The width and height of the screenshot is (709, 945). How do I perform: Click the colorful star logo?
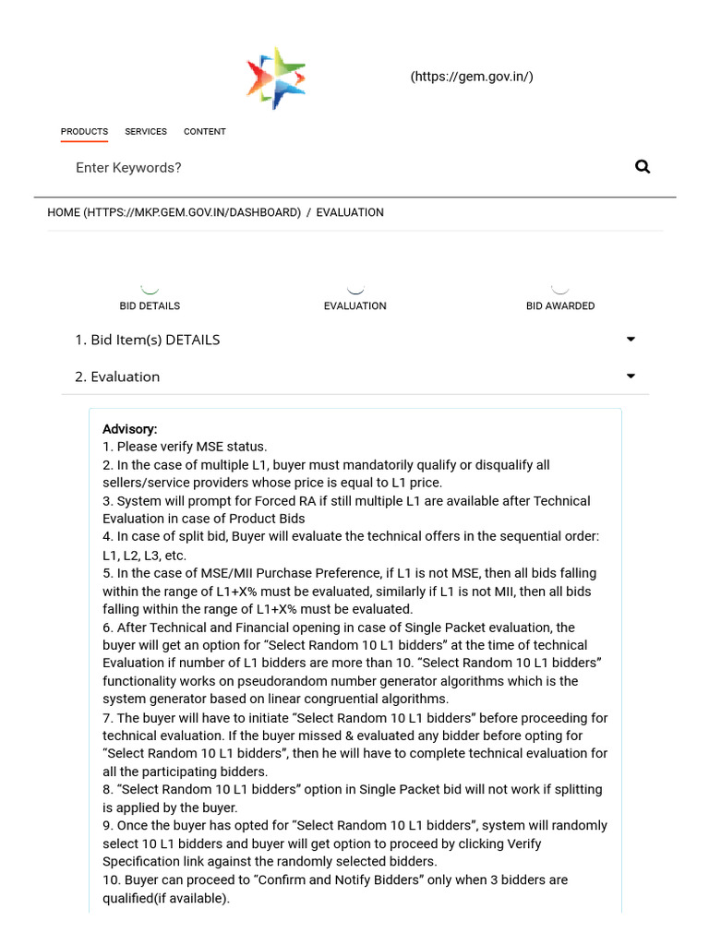[x=276, y=78]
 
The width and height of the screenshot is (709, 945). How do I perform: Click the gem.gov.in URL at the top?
[x=472, y=77]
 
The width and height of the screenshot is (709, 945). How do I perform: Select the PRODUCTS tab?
[x=84, y=132]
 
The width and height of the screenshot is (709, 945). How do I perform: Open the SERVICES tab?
[x=146, y=132]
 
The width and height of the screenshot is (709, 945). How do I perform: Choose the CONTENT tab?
[x=205, y=132]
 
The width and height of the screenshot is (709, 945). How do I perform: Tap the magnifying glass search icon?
[x=643, y=167]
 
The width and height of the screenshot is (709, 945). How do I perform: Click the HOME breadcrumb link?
[x=174, y=212]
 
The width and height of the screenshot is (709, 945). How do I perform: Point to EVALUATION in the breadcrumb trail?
[x=350, y=212]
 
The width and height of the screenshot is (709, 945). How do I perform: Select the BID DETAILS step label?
[x=150, y=305]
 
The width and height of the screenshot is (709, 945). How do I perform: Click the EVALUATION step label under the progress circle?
[x=355, y=305]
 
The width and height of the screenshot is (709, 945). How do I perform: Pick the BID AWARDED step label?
[x=560, y=305]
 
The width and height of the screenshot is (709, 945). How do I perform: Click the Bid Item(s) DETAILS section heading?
[x=147, y=340]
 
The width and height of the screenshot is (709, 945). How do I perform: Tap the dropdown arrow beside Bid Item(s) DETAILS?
[x=631, y=340]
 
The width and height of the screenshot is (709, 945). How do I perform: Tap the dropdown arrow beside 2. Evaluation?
[x=631, y=377]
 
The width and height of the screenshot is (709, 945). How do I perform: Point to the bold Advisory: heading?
[x=130, y=429]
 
